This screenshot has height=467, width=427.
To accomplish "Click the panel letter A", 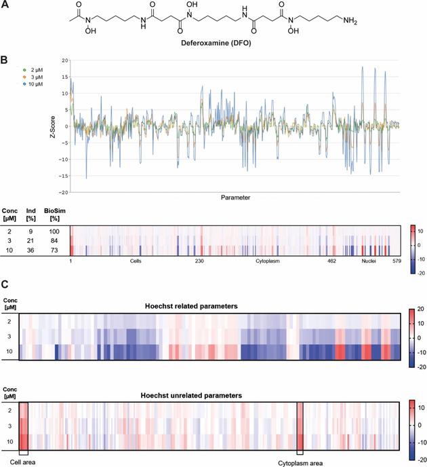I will coord(5,5).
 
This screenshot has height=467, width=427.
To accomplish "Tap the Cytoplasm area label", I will coord(300,462).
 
